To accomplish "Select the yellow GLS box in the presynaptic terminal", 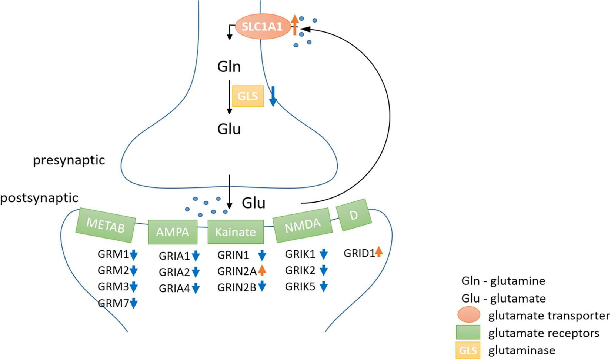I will pos(248,96).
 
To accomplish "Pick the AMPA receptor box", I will pos(173,232).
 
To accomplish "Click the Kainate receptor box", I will pos(236,232).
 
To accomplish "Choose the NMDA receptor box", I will pos(303,225).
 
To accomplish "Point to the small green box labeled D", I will pos(354,215).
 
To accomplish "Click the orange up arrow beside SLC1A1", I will pos(294,24).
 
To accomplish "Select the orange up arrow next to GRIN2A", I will pos(262,270).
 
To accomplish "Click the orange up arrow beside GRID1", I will pos(378,252).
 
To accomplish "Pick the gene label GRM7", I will pos(113,303).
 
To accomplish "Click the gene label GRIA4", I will pos(174,288).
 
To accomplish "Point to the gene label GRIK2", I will pos(300,270).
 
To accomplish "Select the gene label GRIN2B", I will pos(237,287).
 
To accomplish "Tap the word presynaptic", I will pos(69,160).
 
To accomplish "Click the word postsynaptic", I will pos(39,198).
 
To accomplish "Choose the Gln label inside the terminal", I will pos(229,67).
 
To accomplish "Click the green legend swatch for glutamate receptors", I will pos(468,333).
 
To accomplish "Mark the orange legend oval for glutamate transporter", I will pos(468,315).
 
